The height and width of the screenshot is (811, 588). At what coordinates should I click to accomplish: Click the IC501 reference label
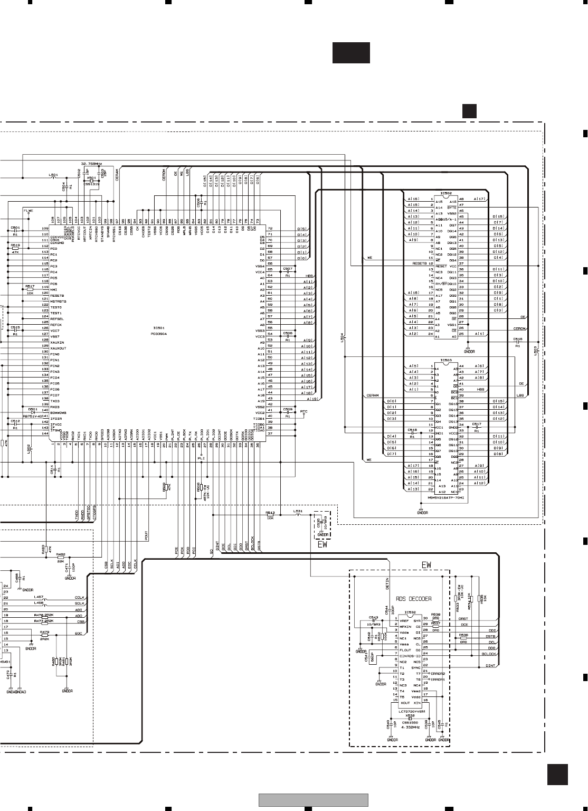coord(158,328)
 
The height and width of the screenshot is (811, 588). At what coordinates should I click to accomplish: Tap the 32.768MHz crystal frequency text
coord(91,164)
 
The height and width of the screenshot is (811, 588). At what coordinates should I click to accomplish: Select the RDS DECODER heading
coord(413,599)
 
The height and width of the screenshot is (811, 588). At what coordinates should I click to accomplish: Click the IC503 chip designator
coord(446,361)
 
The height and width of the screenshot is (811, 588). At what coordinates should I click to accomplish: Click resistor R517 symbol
coord(30,290)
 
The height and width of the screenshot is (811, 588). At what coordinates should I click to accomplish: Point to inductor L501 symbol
coord(53,177)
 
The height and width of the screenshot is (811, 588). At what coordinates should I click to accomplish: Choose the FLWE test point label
coord(28,211)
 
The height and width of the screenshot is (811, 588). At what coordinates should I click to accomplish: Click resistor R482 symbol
coord(61,557)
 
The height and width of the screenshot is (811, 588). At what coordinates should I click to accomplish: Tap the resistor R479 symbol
coord(44,635)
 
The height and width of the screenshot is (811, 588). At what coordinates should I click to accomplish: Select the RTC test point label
coord(304,411)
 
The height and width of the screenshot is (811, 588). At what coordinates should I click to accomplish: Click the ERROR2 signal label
coord(438,674)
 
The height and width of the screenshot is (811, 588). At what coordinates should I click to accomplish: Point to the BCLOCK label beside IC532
coord(489,654)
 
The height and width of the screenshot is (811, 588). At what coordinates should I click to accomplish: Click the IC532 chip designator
coord(410,612)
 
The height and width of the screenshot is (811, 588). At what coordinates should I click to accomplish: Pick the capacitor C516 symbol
coord(517,342)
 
